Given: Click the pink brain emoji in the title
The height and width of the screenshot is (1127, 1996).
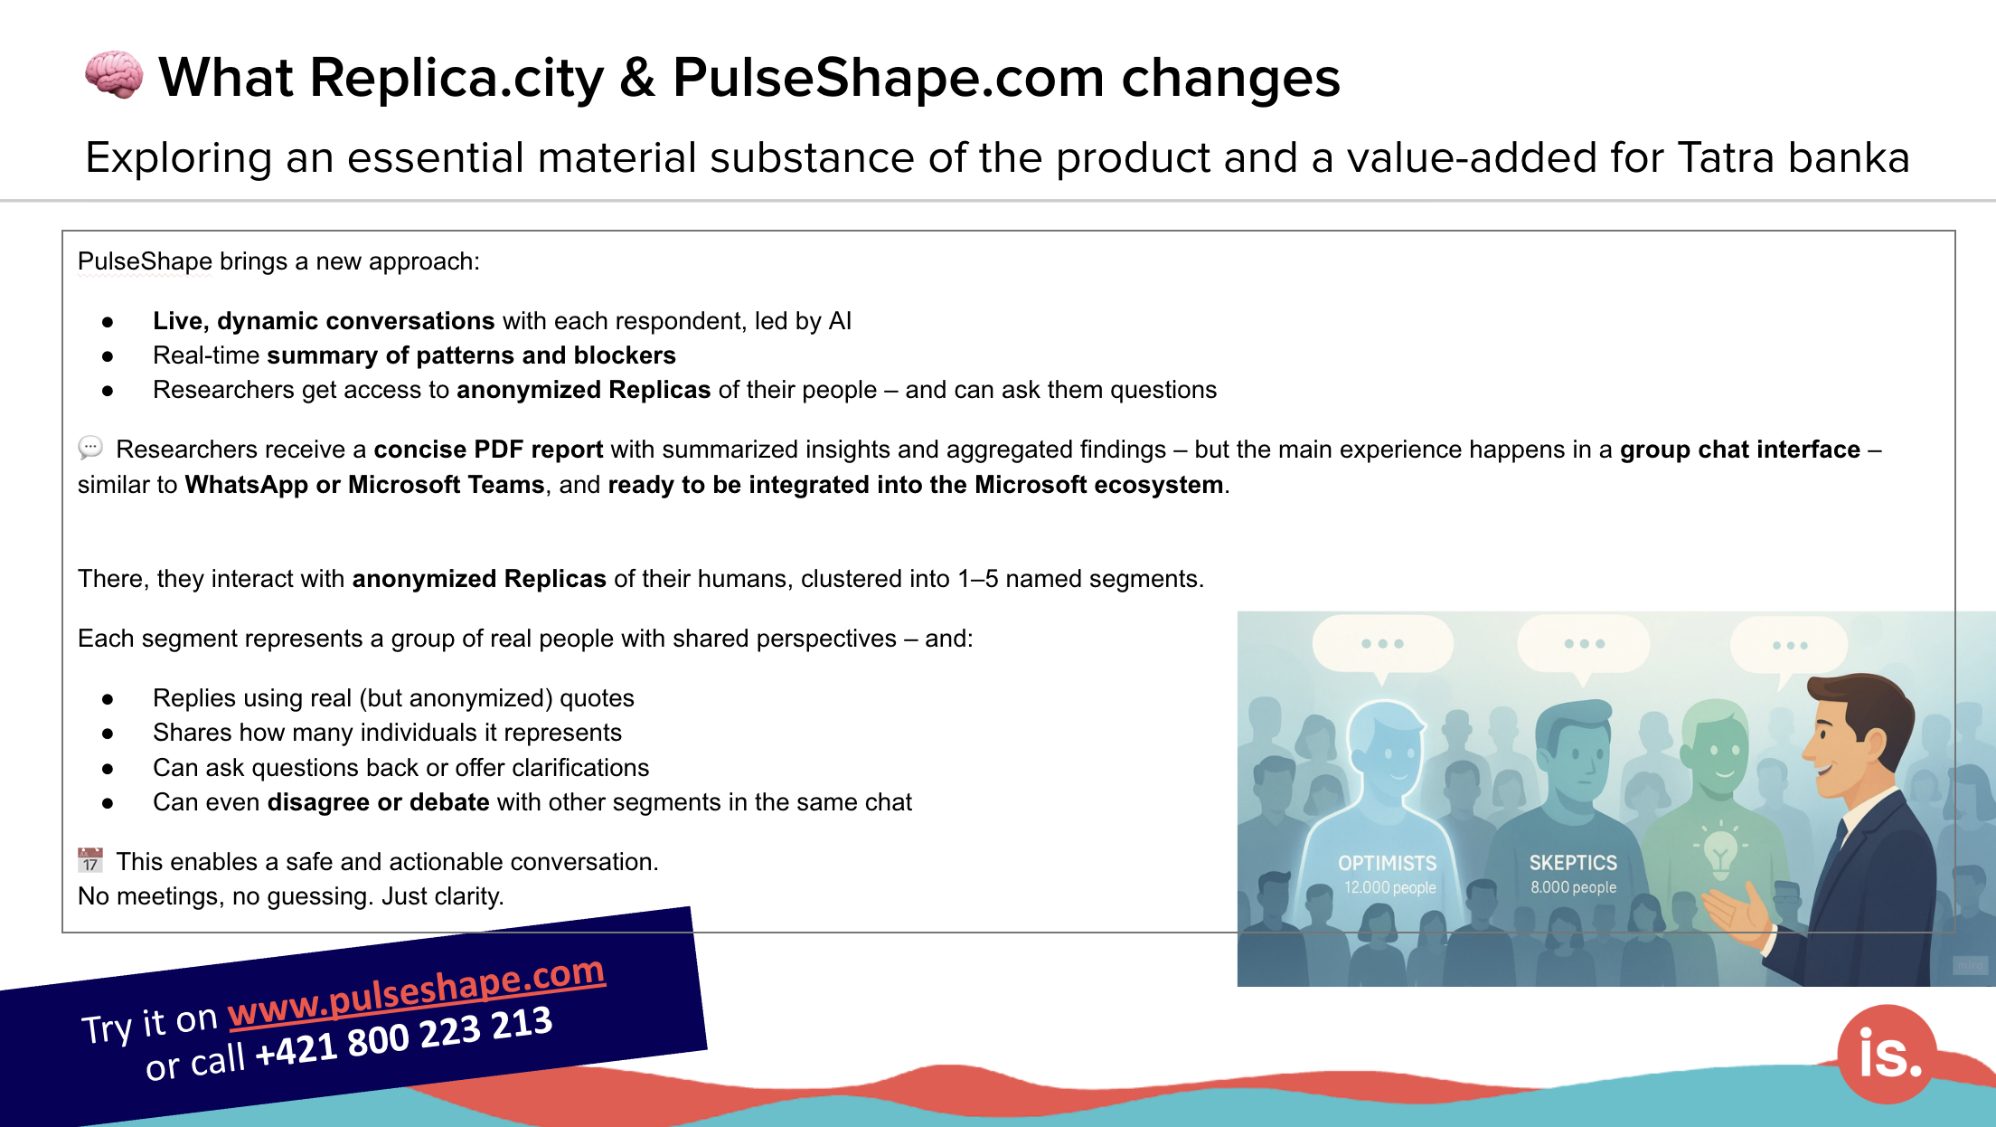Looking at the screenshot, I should pyautogui.click(x=114, y=75).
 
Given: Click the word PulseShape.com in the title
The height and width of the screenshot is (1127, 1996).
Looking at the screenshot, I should pyautogui.click(x=888, y=78).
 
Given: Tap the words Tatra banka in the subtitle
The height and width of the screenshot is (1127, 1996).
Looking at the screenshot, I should pyautogui.click(x=1794, y=157).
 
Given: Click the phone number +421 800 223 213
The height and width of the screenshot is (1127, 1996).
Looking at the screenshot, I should pyautogui.click(x=403, y=1036).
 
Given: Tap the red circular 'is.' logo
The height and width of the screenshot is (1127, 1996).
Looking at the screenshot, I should pyautogui.click(x=1888, y=1055).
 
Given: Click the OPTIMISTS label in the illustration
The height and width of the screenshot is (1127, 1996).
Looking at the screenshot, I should pyautogui.click(x=1387, y=863).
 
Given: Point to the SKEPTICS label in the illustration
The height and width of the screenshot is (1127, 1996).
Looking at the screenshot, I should pyautogui.click(x=1573, y=863).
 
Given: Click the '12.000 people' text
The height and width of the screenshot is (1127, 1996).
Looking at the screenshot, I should pyautogui.click(x=1389, y=887).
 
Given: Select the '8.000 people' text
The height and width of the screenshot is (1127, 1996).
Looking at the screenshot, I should pyautogui.click(x=1573, y=887).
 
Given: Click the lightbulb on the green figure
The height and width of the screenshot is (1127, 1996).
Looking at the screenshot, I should pyautogui.click(x=1719, y=850).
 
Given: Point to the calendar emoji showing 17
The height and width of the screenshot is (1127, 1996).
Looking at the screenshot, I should pyautogui.click(x=90, y=860).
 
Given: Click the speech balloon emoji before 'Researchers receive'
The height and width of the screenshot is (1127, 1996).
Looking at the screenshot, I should pyautogui.click(x=90, y=448).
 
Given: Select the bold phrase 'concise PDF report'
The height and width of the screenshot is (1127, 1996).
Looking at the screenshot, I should pyautogui.click(x=488, y=450).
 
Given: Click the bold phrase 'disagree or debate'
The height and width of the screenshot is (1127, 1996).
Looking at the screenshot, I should pyautogui.click(x=378, y=802).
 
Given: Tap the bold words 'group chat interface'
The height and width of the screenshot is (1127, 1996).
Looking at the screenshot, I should pyautogui.click(x=1739, y=450).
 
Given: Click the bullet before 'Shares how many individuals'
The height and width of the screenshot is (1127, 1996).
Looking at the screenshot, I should pyautogui.click(x=108, y=734).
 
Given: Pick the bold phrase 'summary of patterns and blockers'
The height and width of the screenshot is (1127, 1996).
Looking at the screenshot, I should pyautogui.click(x=471, y=355).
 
